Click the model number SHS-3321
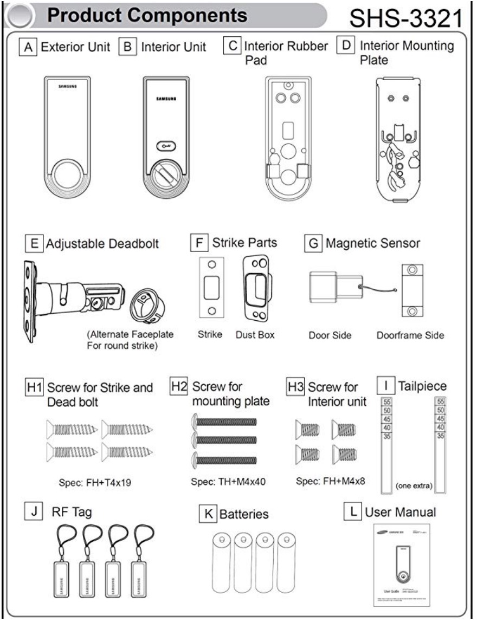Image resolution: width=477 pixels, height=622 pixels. [x=403, y=20]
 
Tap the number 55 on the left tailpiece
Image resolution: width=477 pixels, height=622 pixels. [x=387, y=403]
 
